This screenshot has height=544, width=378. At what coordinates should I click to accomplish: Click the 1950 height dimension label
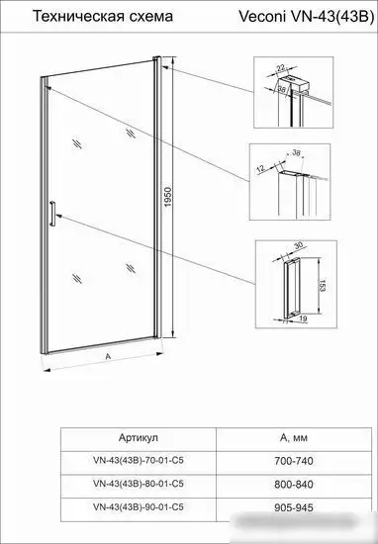[x=168, y=197]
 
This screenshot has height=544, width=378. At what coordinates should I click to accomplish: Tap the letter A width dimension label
[x=108, y=356]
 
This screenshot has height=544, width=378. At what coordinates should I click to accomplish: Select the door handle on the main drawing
[x=52, y=214]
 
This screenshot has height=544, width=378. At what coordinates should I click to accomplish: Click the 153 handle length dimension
[x=322, y=286]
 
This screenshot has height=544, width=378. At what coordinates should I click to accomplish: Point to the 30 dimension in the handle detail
[x=299, y=245]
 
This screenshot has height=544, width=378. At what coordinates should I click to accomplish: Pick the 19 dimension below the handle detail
[x=303, y=318]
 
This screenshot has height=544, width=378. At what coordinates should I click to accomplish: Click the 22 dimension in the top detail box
[x=281, y=67]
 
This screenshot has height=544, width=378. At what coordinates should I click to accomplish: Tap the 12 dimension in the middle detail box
[x=261, y=169]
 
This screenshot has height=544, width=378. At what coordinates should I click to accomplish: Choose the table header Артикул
[x=139, y=437]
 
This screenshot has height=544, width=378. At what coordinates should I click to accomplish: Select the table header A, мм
[x=294, y=438]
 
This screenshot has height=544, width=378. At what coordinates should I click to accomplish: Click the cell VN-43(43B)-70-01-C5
[x=139, y=460]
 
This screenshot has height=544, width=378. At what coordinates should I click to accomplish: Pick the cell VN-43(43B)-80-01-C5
[x=139, y=484]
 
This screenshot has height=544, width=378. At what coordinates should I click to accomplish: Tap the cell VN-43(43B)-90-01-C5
[x=139, y=506]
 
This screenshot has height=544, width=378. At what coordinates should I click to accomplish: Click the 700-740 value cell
[x=294, y=461]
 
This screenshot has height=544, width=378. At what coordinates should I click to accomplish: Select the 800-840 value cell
[x=294, y=485]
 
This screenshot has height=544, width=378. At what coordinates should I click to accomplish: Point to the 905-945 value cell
[x=294, y=507]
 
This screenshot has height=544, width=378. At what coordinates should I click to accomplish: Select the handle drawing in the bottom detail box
[x=291, y=289]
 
